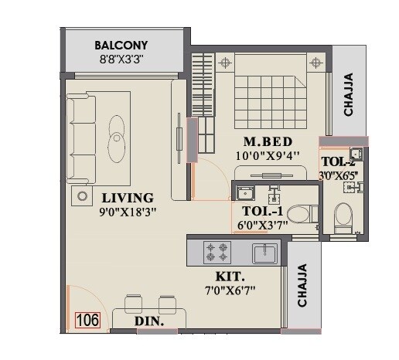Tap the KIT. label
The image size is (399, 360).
click(230, 276)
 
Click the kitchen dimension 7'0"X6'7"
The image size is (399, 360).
click(230, 290)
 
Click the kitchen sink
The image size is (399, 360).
click(265, 252)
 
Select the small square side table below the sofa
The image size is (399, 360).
click(81, 197)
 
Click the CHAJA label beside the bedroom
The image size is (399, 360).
click(349, 93)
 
